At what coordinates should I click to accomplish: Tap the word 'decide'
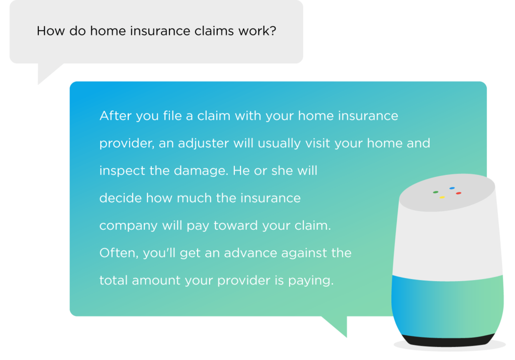[x=120, y=198]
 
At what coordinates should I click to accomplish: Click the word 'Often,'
[x=119, y=253]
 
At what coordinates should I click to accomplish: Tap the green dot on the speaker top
[x=436, y=192]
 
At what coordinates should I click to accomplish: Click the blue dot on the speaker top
[x=452, y=188]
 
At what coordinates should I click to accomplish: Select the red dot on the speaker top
[x=459, y=193]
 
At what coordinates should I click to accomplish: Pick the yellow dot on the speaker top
[x=442, y=198]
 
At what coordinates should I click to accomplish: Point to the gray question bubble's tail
[x=48, y=71]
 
